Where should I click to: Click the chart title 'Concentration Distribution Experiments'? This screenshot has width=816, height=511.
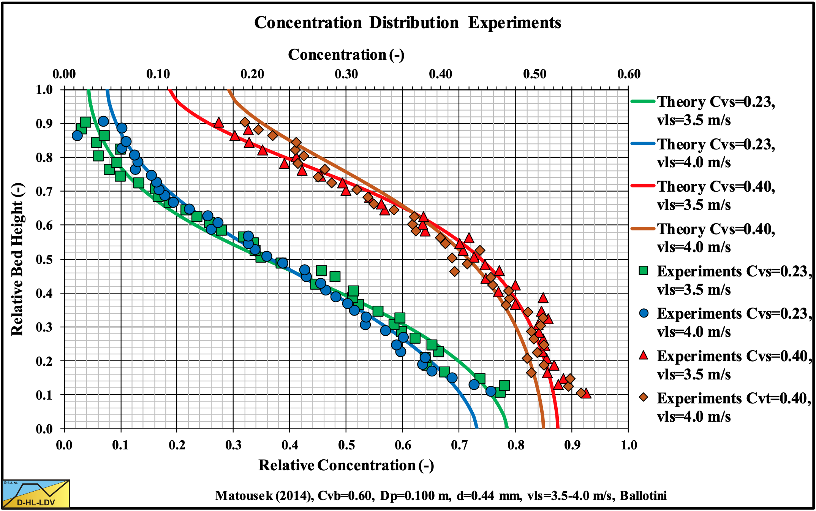[x=407, y=23]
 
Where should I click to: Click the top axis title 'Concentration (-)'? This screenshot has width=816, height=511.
[x=346, y=55]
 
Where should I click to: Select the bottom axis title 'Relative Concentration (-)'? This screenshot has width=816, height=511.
[x=346, y=465]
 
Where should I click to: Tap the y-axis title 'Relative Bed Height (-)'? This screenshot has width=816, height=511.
[x=17, y=259]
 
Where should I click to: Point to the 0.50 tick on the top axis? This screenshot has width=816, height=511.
[x=535, y=74]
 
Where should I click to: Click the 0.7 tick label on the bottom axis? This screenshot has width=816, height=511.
[x=459, y=445]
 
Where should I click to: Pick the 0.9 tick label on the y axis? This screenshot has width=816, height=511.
[x=44, y=124]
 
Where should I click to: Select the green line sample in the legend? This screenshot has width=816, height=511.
[x=643, y=102]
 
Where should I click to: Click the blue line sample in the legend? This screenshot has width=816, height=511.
[x=643, y=144]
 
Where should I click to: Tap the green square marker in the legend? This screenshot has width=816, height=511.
[x=644, y=271]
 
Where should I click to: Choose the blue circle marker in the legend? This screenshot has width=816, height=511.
[x=644, y=313]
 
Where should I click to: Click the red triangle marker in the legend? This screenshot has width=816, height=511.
[x=644, y=356]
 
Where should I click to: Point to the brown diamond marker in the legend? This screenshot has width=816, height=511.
[x=644, y=398]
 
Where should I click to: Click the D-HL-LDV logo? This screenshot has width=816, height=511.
[x=36, y=494]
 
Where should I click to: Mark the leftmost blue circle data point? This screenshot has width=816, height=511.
[x=77, y=135]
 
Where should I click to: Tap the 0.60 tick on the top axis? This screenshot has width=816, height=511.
[x=628, y=74]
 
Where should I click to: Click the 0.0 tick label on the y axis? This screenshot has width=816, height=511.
[x=44, y=429]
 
